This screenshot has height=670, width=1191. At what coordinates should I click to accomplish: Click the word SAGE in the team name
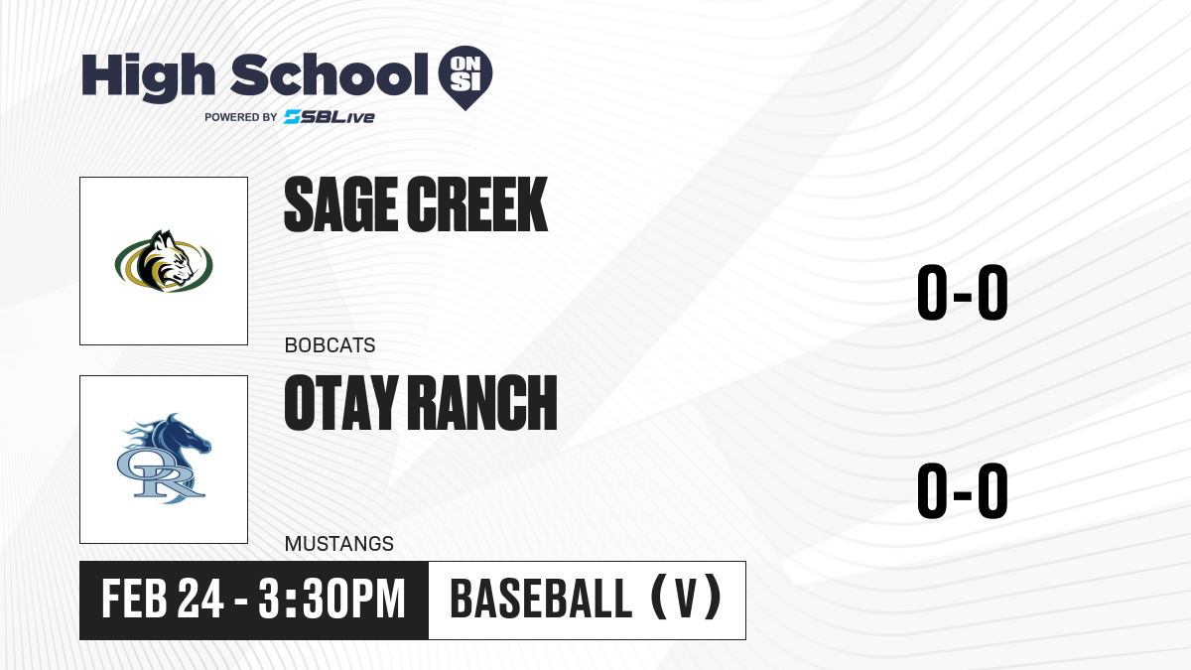point(340,204)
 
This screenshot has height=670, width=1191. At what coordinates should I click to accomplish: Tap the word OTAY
point(341,403)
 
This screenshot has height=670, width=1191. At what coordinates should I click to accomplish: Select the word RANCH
point(485,403)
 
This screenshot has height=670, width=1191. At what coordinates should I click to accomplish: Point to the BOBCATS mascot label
point(330,345)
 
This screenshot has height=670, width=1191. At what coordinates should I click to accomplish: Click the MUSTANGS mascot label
point(338,544)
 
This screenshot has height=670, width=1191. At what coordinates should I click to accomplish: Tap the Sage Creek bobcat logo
point(164,261)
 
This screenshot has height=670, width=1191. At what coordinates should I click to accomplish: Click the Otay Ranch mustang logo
point(164,459)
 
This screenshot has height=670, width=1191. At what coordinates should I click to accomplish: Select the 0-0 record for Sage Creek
point(963,292)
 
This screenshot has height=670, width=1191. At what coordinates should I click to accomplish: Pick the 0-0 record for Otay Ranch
point(963,490)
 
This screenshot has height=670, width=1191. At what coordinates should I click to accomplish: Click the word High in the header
point(148,76)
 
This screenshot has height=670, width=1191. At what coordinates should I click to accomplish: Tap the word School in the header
point(330,73)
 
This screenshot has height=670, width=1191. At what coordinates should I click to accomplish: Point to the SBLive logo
point(330,117)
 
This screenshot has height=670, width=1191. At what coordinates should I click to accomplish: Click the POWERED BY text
point(241,117)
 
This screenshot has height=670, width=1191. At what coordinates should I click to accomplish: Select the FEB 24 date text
point(163,600)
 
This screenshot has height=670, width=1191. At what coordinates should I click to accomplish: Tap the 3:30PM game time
point(332,600)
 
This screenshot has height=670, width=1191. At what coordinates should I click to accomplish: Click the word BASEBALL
point(541,599)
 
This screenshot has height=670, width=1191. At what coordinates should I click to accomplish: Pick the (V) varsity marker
point(686,598)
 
